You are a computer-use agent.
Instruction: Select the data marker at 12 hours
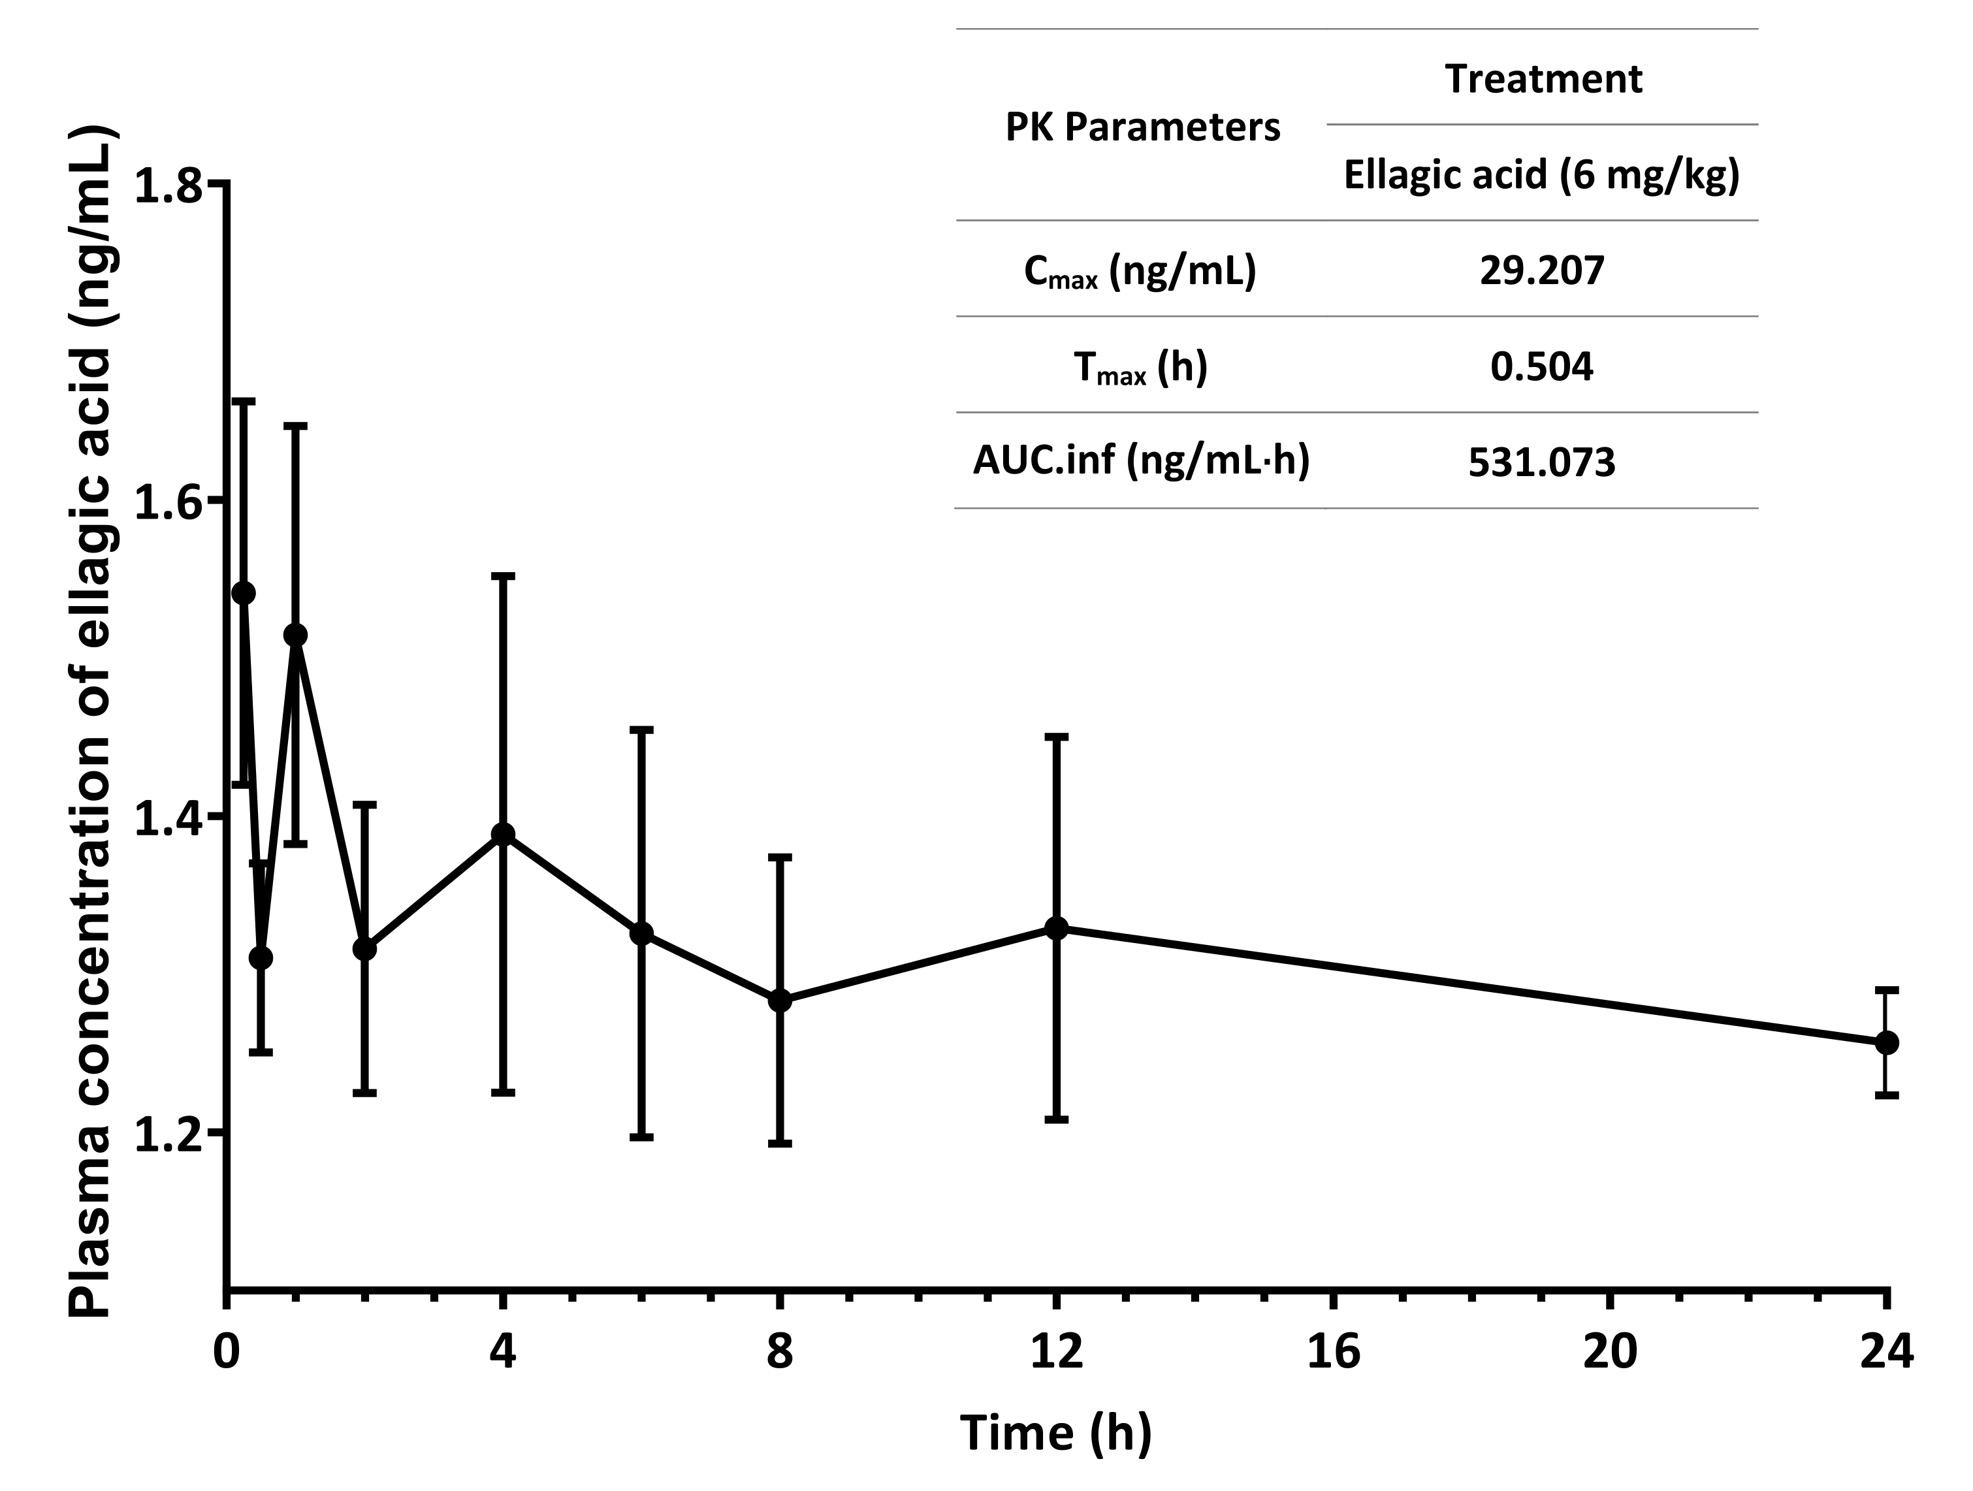[1056, 928]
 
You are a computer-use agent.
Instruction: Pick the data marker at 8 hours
[780, 1001]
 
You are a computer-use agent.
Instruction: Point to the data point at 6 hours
[641, 934]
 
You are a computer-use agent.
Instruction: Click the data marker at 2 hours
[365, 949]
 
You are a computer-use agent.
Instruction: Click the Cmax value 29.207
[1541, 270]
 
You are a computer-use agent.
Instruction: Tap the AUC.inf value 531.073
[1541, 463]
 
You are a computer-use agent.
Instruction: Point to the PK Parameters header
[1143, 127]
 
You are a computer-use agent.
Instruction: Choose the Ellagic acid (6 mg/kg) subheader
[1541, 175]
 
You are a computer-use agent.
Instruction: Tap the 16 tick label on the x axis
[1334, 1351]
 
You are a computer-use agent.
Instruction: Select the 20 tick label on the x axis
[1610, 1351]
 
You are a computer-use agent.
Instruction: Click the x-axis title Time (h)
[1056, 1433]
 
